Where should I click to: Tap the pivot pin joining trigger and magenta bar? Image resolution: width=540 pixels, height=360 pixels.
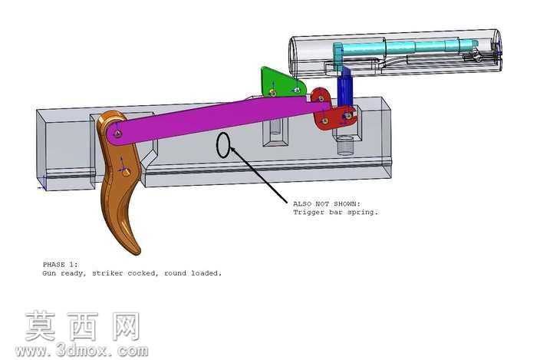tap(118, 134)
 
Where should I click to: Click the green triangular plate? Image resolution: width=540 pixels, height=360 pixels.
tap(280, 83)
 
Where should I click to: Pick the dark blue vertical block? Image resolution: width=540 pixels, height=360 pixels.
tap(344, 87)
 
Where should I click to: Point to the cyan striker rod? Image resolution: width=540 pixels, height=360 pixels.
tap(406, 47)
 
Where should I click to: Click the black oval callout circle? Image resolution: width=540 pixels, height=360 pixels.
tap(223, 145)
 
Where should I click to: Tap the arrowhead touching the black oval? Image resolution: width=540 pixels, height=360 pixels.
tap(233, 150)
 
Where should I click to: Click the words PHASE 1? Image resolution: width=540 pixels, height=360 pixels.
tap(61, 265)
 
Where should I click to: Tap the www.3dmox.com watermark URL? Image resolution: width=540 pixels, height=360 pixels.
tap(81, 351)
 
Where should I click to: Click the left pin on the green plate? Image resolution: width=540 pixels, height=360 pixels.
tap(273, 92)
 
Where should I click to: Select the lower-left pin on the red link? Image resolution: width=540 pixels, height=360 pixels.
tap(324, 121)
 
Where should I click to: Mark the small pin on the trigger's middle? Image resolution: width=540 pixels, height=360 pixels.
tap(125, 171)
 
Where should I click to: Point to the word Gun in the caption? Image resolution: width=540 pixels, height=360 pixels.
tap(49, 273)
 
